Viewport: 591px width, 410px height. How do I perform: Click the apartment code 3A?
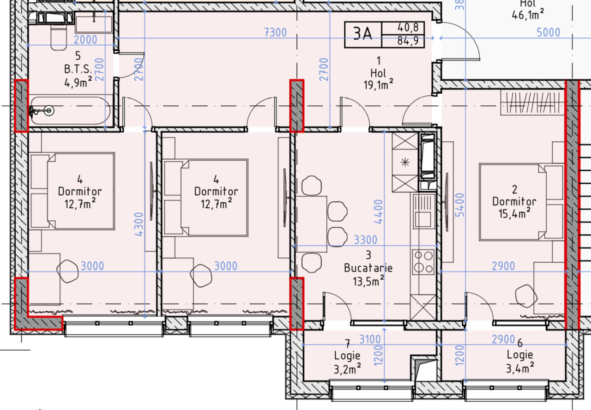362,34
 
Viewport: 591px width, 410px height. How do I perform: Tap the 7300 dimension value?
275,32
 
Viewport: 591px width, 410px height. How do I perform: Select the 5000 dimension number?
549,32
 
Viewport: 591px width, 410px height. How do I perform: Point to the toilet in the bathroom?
59,37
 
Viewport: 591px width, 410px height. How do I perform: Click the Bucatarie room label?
368,268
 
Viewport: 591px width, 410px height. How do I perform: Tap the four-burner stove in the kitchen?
423,262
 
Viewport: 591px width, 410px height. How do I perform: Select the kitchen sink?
424,211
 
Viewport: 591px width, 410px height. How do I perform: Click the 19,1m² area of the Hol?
378,85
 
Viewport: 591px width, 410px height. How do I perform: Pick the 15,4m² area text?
514,213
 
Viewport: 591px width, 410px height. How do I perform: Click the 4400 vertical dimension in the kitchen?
378,211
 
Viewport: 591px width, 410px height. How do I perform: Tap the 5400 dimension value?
459,205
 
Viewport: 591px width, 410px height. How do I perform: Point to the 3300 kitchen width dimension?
365,240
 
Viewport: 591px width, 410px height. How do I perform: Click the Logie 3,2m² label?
347,362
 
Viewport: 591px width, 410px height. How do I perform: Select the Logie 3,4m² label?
520,361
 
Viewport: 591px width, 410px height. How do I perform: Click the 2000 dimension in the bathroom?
85,40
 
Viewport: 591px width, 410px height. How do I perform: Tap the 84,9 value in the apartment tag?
408,41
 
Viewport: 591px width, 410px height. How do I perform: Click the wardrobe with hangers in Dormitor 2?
532,102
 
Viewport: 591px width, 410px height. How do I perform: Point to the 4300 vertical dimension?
139,224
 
